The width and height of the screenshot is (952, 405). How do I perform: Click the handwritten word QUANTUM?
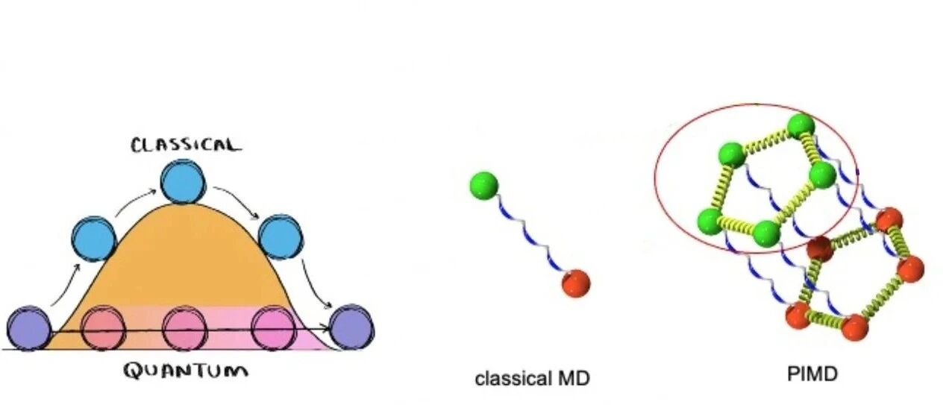186,371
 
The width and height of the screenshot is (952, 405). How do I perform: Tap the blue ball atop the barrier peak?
184,181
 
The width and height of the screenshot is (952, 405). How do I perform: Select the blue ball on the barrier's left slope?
94,239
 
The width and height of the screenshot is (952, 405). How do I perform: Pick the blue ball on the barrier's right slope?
281,236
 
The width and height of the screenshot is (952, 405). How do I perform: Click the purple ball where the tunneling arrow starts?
28,328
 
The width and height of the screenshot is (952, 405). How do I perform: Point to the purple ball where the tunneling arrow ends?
352,327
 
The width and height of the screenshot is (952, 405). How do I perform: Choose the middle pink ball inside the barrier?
185,328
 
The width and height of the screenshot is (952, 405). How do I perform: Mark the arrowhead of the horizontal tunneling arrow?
327,328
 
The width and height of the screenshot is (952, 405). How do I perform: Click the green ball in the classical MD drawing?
483,185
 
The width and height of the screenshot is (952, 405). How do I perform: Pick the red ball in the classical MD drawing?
576,283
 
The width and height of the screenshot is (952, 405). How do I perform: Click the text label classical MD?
532,378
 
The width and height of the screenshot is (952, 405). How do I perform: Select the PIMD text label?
812,374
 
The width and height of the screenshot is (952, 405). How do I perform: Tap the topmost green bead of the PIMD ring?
801,126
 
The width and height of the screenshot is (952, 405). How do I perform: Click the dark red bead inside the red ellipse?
819,248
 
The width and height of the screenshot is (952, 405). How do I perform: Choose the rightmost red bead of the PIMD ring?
910,269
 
